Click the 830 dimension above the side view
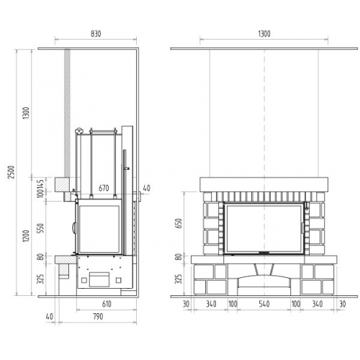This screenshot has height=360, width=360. pyautogui.click(x=96, y=34)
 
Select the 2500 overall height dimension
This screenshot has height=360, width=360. pyautogui.click(x=12, y=172)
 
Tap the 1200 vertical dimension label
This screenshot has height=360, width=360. pyautogui.click(x=26, y=235)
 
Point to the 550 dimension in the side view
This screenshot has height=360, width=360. pyautogui.click(x=41, y=228)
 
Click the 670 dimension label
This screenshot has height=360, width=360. pyautogui.click(x=104, y=188)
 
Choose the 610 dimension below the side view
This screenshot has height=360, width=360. pyautogui.click(x=107, y=304)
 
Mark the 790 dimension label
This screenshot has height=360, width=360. pyautogui.click(x=98, y=317)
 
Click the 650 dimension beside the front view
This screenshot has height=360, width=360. pyautogui.click(x=179, y=223)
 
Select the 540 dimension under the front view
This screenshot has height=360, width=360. pyautogui.click(x=264, y=304)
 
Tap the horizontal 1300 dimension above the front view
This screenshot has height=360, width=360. pyautogui.click(x=264, y=34)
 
